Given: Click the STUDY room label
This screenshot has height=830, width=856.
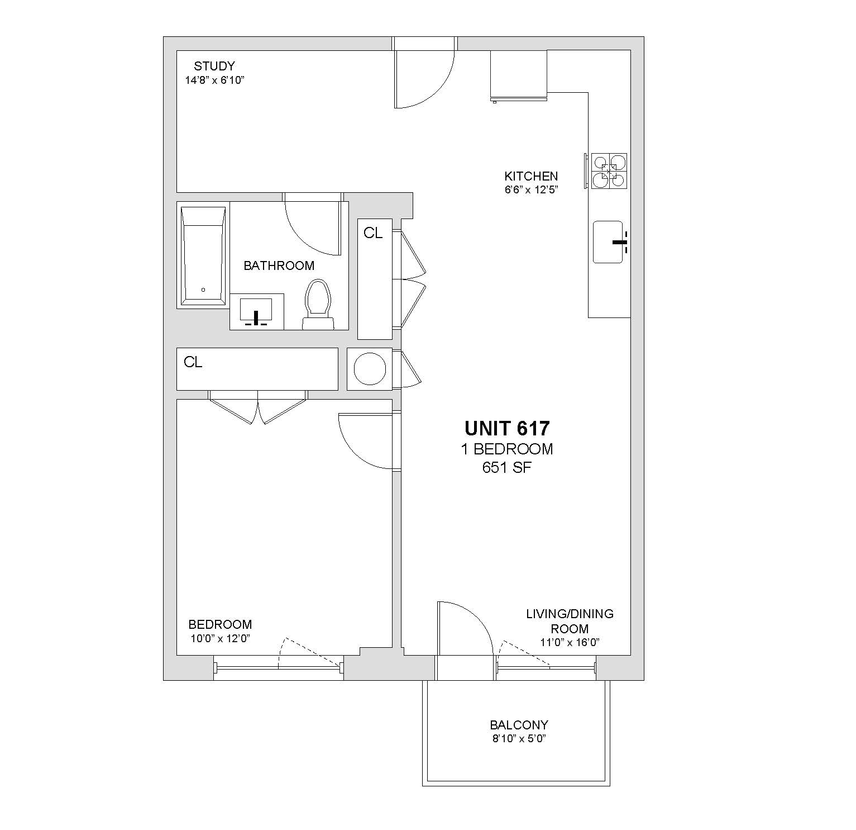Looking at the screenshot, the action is [214, 66].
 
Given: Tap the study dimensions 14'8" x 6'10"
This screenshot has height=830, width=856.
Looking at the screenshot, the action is [215, 80].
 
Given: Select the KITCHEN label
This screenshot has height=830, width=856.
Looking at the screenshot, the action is [531, 176].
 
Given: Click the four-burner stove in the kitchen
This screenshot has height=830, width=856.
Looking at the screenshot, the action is [609, 170].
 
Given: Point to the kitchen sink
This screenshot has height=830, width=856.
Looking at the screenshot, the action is [608, 242].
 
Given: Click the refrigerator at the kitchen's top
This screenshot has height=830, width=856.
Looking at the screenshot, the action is [518, 75].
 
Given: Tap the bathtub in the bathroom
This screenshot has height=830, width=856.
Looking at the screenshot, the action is [203, 255].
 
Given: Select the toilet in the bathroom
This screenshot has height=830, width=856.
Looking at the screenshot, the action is [318, 304].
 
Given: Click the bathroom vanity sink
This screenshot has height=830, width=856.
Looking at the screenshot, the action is [256, 311].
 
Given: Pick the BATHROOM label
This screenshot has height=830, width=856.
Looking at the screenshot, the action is [279, 265].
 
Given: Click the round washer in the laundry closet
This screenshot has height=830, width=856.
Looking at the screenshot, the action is [370, 369].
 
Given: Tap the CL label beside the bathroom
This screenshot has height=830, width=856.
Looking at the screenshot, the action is [373, 233].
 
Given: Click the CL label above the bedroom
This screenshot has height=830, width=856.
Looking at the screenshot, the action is [193, 362].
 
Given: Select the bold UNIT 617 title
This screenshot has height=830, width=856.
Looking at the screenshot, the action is [507, 429].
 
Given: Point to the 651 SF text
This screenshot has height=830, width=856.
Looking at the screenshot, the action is [506, 467].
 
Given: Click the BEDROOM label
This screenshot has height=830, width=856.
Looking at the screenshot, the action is [220, 624].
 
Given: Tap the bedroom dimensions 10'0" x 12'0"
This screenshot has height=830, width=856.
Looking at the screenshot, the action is [220, 638].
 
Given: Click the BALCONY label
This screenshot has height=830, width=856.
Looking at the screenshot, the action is [519, 725].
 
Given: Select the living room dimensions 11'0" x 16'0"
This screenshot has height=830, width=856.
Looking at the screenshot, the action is [570, 642].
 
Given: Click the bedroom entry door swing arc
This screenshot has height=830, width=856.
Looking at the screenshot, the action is [354, 452].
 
